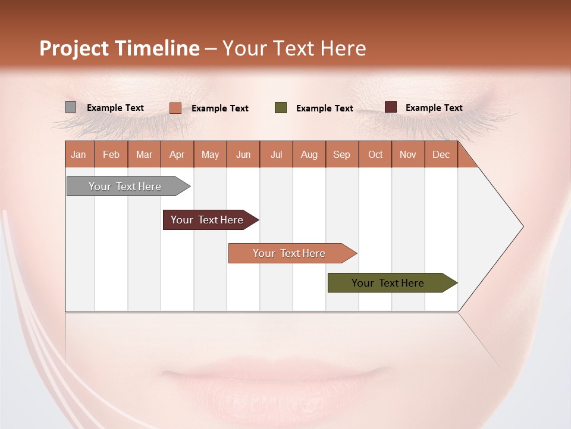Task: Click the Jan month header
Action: pyautogui.click(x=79, y=154)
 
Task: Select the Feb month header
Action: pyautogui.click(x=111, y=154)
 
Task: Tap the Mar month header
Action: pyautogui.click(x=144, y=154)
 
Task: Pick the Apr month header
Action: pyautogui.click(x=177, y=154)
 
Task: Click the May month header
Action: pyautogui.click(x=210, y=154)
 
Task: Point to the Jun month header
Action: pyautogui.click(x=243, y=154)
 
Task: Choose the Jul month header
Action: pyautogui.click(x=277, y=154)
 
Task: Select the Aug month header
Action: pyautogui.click(x=309, y=154)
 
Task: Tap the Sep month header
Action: pyautogui.click(x=342, y=154)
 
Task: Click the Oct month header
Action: pyautogui.click(x=375, y=154)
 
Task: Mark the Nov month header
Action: pyautogui.click(x=408, y=154)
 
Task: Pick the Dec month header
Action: pyautogui.click(x=441, y=154)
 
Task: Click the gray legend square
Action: pyautogui.click(x=70, y=107)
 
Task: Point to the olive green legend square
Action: pyautogui.click(x=281, y=108)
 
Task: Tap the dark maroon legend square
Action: pyautogui.click(x=390, y=107)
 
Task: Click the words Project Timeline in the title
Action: pyautogui.click(x=119, y=48)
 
